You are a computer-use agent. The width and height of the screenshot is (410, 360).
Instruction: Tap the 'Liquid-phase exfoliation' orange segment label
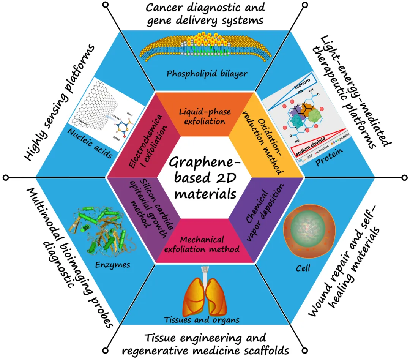[205, 116]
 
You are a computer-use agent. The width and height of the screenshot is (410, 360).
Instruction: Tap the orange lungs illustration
[205, 294]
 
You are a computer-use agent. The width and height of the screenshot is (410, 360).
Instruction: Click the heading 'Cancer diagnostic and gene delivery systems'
[205, 13]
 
